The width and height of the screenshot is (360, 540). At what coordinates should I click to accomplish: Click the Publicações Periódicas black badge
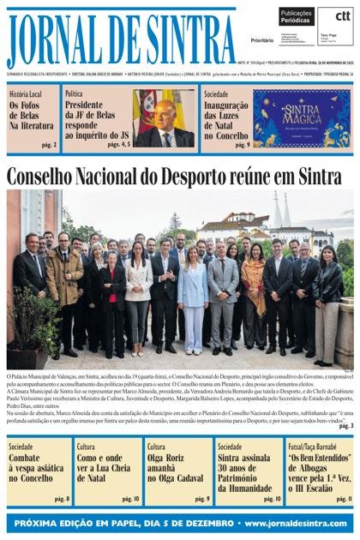tap(296, 17)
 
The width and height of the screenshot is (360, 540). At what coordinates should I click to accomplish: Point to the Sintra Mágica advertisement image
tap(301, 118)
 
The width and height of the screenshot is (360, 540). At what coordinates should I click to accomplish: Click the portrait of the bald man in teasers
tap(165, 120)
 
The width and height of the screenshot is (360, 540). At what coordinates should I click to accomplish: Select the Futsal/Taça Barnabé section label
tap(313, 447)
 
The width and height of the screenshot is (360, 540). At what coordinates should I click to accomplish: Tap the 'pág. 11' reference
tap(344, 499)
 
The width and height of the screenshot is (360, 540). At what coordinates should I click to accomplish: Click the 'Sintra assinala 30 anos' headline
tap(247, 470)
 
